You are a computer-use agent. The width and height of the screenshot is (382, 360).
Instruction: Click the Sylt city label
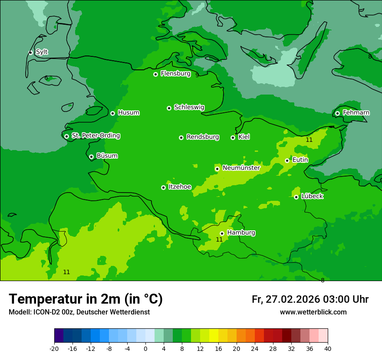tap(42, 52)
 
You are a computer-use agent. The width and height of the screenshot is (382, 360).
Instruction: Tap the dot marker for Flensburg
tap(155, 74)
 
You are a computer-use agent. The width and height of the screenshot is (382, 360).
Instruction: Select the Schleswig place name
tap(189, 107)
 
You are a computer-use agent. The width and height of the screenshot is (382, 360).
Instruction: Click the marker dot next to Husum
tap(112, 113)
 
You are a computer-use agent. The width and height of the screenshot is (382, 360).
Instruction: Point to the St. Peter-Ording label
tap(95, 136)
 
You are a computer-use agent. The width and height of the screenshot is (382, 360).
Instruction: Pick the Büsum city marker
tap(91, 157)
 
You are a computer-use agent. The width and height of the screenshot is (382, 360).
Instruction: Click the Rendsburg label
tap(202, 137)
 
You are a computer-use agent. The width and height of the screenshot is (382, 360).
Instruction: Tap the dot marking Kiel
tap(233, 137)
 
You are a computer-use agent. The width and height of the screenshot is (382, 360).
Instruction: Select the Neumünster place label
tap(241, 168)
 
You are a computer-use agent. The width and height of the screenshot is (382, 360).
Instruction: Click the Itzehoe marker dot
tap(163, 187)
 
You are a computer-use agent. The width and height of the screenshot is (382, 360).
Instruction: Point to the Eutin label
tap(300, 160)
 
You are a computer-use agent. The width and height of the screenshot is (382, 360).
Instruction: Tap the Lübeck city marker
tap(296, 197)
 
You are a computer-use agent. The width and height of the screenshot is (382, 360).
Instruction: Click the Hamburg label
tap(241, 233)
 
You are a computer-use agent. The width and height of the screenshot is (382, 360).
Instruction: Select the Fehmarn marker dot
tap(337, 113)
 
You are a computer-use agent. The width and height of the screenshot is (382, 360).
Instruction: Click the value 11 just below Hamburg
tap(219, 239)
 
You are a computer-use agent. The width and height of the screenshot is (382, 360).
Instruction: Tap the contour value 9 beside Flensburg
tap(197, 75)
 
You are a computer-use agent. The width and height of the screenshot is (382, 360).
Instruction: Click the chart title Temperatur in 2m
tap(86, 299)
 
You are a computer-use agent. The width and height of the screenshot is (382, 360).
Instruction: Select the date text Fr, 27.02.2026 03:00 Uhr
tap(310, 299)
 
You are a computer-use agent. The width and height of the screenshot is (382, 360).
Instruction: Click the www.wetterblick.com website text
tap(313, 312)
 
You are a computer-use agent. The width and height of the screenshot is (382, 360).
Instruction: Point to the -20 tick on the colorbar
tap(54, 349)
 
